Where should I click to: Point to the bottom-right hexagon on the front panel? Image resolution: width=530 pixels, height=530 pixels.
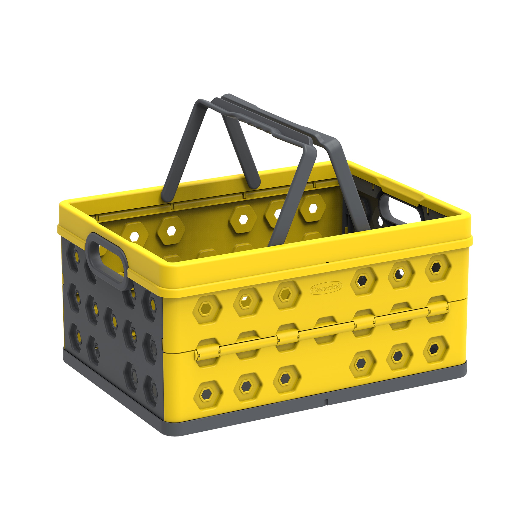point(436,349)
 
